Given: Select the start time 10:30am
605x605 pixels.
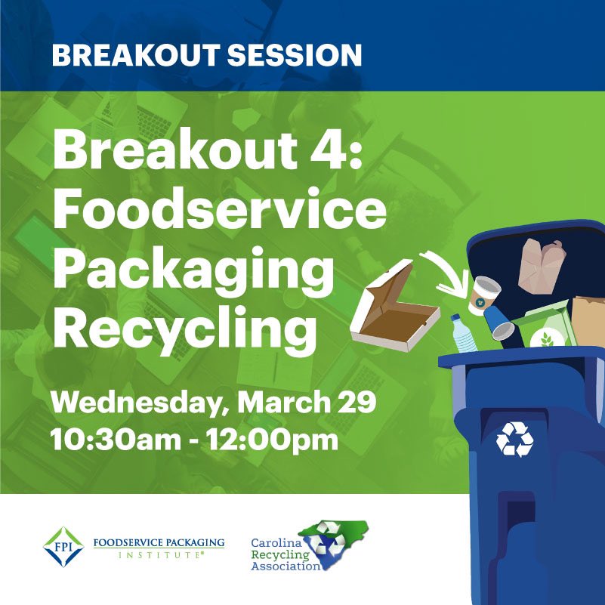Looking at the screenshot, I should pos(113,438).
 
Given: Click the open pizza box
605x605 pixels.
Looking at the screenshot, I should pos(394,309).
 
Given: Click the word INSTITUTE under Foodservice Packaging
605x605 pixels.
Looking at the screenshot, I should pos(159,555).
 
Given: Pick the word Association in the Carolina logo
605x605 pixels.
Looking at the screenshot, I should pos(286,566).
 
